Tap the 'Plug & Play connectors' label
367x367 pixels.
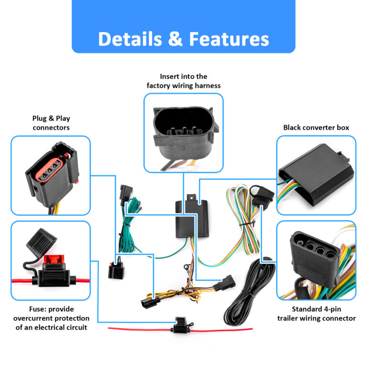click(x=51, y=123)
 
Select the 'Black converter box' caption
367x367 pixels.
click(x=316, y=128)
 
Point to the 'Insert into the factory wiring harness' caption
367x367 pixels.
click(x=183, y=81)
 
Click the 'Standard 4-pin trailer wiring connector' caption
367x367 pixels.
click(x=316, y=314)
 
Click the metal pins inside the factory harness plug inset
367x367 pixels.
click(x=183, y=130)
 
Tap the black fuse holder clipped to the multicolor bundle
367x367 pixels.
click(x=262, y=196)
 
